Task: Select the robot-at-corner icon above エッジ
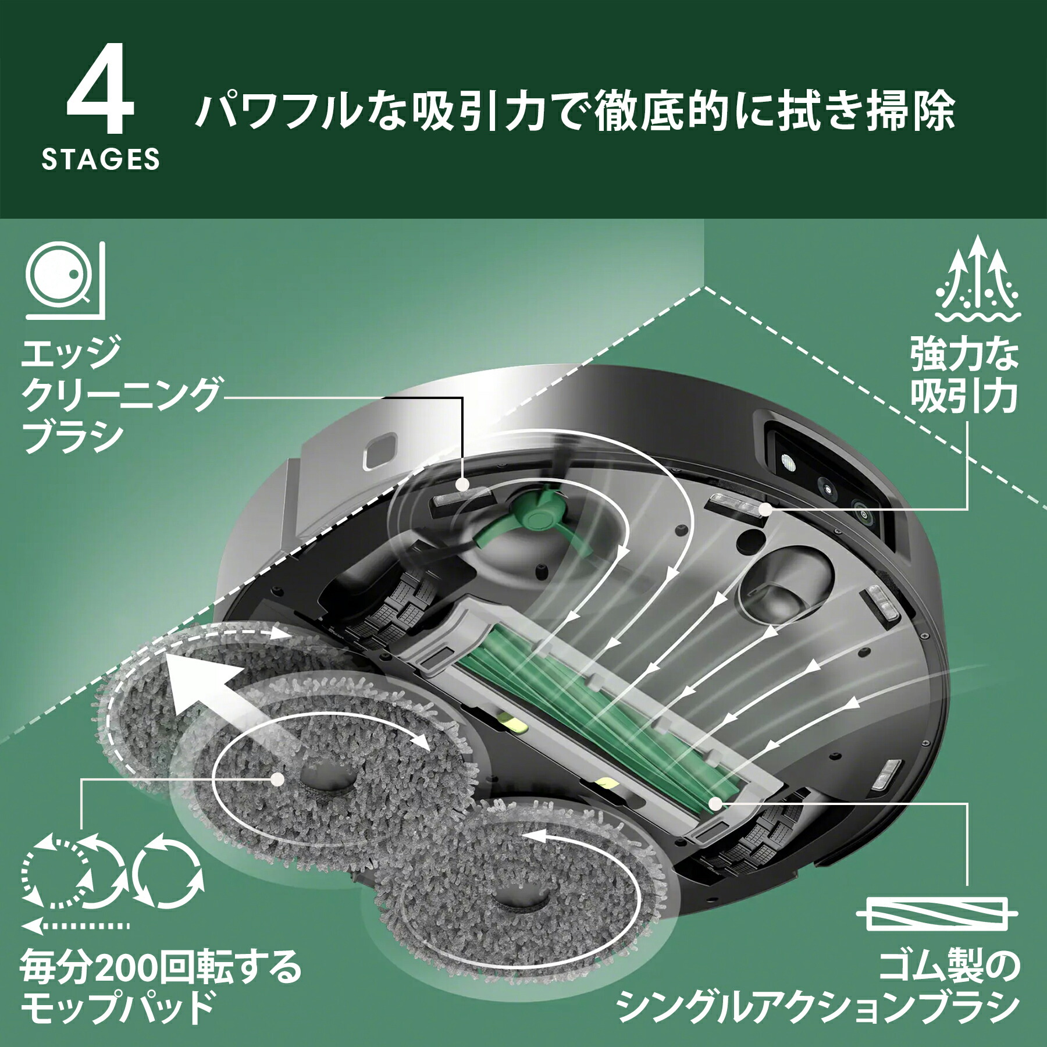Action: (x=65, y=280)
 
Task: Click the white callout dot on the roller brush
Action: (x=715, y=803)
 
